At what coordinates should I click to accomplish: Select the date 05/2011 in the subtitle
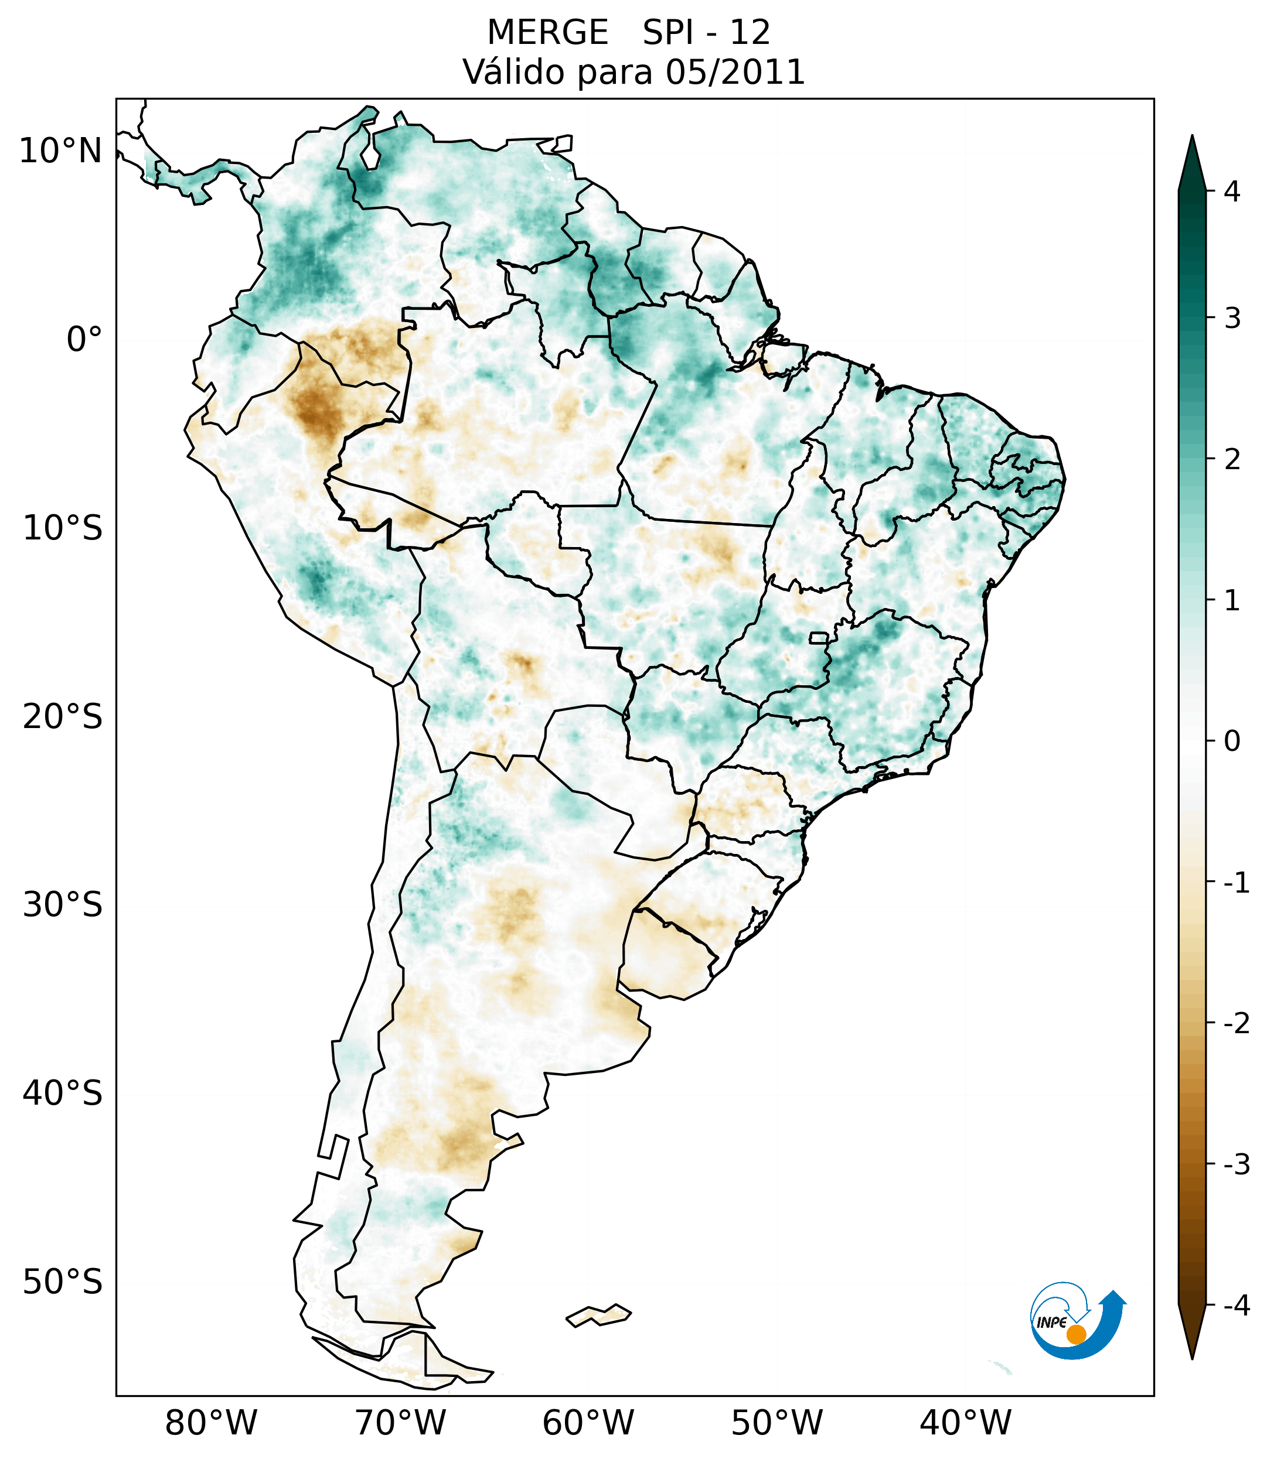tap(735, 72)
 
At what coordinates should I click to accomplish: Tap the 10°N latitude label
tap(60, 151)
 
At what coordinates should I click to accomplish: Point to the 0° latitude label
tap(84, 340)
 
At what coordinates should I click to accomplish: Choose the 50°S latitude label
tap(63, 1283)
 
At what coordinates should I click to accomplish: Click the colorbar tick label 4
tap(1232, 192)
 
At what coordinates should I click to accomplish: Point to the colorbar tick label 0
tap(1232, 742)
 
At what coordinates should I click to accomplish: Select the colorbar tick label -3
tap(1236, 1165)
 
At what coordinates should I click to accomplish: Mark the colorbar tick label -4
tap(1236, 1306)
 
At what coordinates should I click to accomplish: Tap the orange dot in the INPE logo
tap(1075, 1334)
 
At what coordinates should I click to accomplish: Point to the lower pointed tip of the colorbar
tap(1191, 1357)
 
